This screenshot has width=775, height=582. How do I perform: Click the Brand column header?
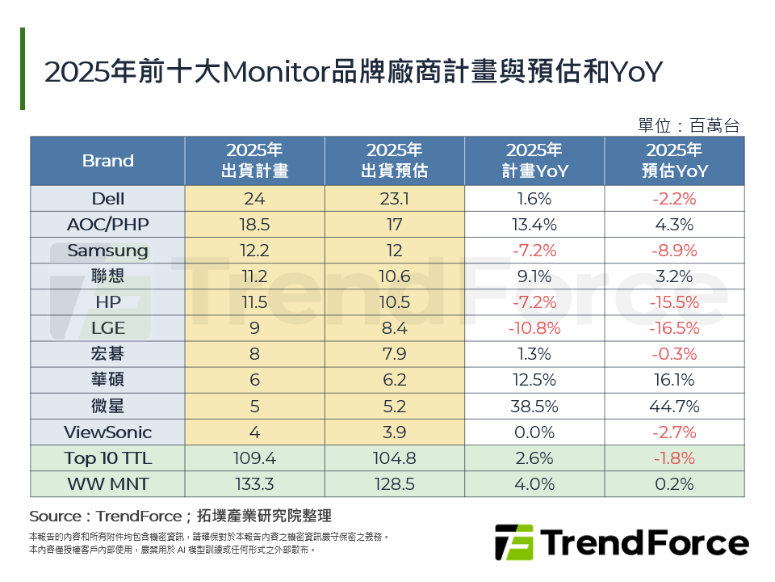[x=107, y=161]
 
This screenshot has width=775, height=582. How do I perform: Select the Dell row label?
[x=107, y=199]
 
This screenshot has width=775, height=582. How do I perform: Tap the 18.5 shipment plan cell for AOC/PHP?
[x=254, y=225]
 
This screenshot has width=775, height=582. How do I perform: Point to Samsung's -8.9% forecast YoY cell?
[x=674, y=251]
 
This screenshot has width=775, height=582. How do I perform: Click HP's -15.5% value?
[x=674, y=302]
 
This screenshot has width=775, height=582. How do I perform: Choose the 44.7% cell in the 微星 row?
[x=674, y=407]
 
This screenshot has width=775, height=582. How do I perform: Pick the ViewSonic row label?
[x=107, y=432]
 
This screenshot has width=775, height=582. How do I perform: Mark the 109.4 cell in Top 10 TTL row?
[x=254, y=458]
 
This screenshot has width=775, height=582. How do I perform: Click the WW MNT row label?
[x=107, y=484]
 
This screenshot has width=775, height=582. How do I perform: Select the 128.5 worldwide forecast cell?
[x=395, y=484]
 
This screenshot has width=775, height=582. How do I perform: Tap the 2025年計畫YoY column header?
[x=534, y=161]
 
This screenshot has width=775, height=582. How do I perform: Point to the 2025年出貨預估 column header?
[x=395, y=161]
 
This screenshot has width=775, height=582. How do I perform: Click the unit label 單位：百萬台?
[x=688, y=125]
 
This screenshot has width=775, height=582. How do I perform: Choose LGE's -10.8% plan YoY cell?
[x=534, y=329]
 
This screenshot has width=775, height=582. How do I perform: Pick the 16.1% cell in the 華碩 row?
[x=674, y=381]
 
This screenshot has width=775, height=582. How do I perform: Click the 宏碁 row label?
[x=107, y=355]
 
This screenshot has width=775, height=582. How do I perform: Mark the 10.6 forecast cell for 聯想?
[x=395, y=276]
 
